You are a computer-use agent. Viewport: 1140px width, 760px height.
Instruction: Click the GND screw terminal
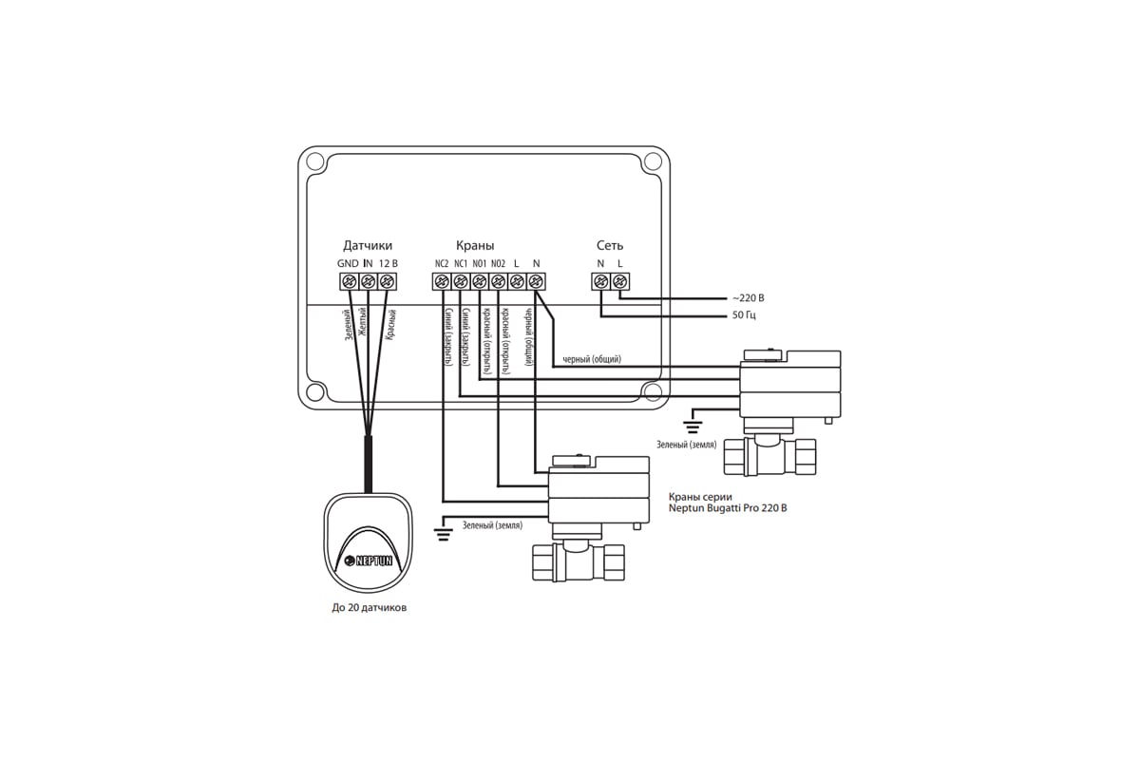point(349,281)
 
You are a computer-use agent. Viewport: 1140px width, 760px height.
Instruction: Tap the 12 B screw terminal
point(387,281)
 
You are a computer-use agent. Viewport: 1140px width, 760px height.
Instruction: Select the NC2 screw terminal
point(442,281)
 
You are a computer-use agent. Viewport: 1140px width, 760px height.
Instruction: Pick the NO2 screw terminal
point(498,281)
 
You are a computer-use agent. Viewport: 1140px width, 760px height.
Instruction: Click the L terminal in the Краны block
point(517,281)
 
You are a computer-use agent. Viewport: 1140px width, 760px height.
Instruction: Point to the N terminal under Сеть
point(600,281)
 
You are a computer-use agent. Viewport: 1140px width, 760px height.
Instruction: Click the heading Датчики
point(368,245)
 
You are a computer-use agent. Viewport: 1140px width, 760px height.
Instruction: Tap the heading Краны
point(475,245)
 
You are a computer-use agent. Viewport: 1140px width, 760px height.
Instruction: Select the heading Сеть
point(610,245)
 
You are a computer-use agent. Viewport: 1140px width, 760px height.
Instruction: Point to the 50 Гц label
point(744,314)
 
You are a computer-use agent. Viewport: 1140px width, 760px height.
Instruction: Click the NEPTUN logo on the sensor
point(373,561)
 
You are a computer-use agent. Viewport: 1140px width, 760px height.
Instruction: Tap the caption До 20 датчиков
point(369,608)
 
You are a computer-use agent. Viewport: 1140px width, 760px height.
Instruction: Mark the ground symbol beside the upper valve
point(693,418)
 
